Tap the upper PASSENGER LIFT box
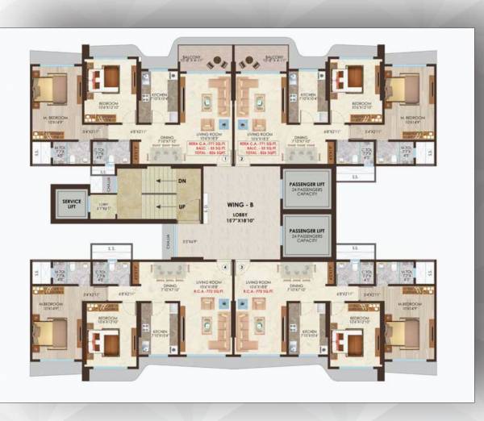coord(306,188)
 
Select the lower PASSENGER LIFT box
coord(306,234)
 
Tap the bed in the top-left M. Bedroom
coord(50,87)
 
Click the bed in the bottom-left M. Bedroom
coord(50,331)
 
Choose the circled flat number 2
coord(241,160)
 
